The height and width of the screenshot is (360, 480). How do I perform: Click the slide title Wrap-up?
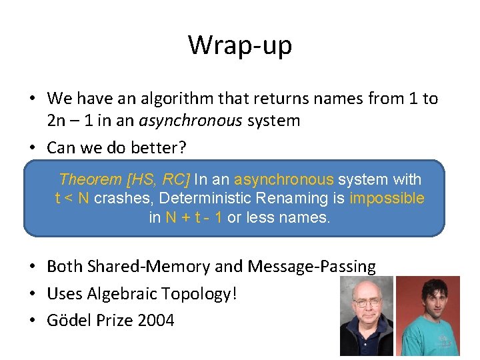[240, 45]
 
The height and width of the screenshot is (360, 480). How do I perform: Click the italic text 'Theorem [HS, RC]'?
[124, 179]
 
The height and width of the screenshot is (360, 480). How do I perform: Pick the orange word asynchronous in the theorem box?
[284, 179]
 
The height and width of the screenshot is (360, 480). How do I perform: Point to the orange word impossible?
[387, 198]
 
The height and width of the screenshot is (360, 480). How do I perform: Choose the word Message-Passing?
[311, 267]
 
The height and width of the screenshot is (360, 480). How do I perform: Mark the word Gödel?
[69, 320]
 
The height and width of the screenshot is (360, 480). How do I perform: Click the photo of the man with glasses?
[366, 316]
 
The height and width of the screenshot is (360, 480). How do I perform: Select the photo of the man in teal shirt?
[427, 316]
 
